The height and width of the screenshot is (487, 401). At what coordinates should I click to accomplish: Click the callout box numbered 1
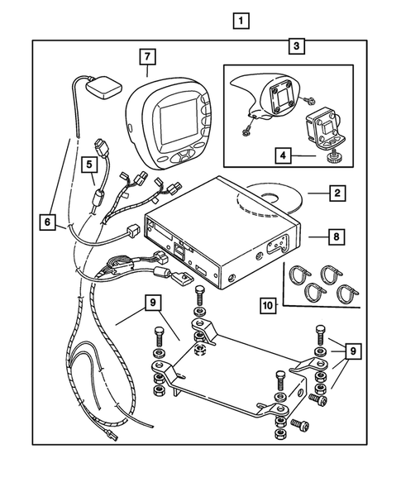pos(240,21)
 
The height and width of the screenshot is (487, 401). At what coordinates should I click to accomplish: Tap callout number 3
pos(296,46)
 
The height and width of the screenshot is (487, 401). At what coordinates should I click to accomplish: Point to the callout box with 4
pos(283,154)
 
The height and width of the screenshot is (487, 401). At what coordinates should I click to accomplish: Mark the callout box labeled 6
pos(47,221)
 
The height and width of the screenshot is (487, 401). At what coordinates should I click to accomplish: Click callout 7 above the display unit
pos(146,57)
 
